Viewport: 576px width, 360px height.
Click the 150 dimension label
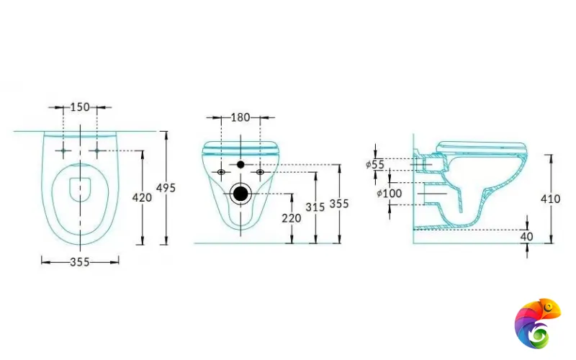[x=80, y=107]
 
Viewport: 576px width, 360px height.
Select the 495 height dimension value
[x=167, y=188]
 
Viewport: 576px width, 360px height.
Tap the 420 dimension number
[x=143, y=197]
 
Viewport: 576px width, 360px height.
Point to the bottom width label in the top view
[x=80, y=262]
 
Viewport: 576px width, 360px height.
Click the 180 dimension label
[x=240, y=117]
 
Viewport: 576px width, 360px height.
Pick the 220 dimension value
[x=292, y=218]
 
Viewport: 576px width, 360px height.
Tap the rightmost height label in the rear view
[x=339, y=204]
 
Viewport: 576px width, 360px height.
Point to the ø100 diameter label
[x=389, y=193]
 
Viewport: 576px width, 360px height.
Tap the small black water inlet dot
[x=240, y=165]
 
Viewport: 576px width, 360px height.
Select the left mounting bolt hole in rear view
[x=221, y=172]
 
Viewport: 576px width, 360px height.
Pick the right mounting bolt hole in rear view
[x=260, y=172]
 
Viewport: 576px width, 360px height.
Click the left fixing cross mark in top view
[x=63, y=150]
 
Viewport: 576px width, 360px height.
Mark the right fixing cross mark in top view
[x=97, y=150]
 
